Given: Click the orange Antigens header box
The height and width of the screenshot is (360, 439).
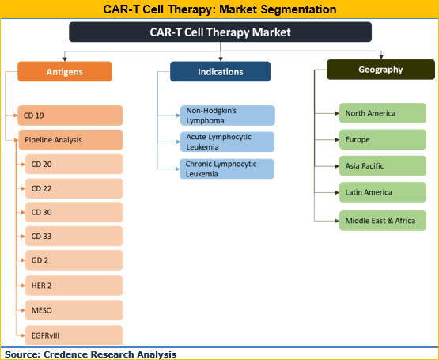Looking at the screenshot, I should (x=64, y=72).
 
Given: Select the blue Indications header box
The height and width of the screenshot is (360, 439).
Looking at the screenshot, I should (x=220, y=72).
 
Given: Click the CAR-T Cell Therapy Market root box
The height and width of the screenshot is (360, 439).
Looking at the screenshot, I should (x=220, y=32).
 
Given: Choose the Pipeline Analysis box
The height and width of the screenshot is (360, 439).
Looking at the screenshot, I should (x=70, y=140).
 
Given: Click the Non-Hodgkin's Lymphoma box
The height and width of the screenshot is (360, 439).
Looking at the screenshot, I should (x=227, y=116).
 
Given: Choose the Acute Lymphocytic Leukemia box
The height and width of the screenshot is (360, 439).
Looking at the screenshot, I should (x=227, y=142).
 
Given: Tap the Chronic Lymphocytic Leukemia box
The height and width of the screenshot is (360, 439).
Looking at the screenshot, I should (x=227, y=169).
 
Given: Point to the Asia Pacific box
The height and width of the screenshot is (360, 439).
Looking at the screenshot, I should (x=382, y=166).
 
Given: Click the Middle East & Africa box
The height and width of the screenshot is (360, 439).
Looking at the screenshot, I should (x=382, y=220).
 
